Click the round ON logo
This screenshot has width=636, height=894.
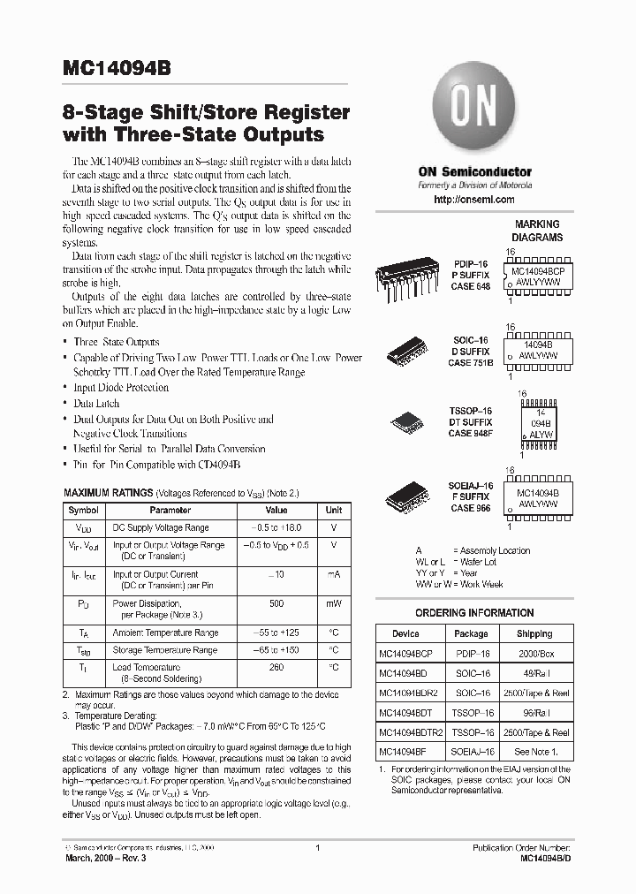click(474, 108)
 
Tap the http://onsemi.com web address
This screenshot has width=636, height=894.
click(474, 201)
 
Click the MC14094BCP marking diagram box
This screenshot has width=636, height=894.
click(538, 276)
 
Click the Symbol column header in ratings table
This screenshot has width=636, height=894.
click(84, 510)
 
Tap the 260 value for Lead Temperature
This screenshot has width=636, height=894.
click(276, 668)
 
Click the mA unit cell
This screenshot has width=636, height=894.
click(333, 574)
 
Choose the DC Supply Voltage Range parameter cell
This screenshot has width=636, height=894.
click(161, 527)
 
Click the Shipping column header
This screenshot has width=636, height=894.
click(534, 633)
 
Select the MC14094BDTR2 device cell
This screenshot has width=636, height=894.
click(410, 732)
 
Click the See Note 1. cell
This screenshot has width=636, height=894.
click(534, 752)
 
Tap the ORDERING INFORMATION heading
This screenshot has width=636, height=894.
click(474, 613)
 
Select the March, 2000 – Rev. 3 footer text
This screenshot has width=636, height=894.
click(109, 858)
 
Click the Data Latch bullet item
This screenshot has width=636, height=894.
click(96, 403)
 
